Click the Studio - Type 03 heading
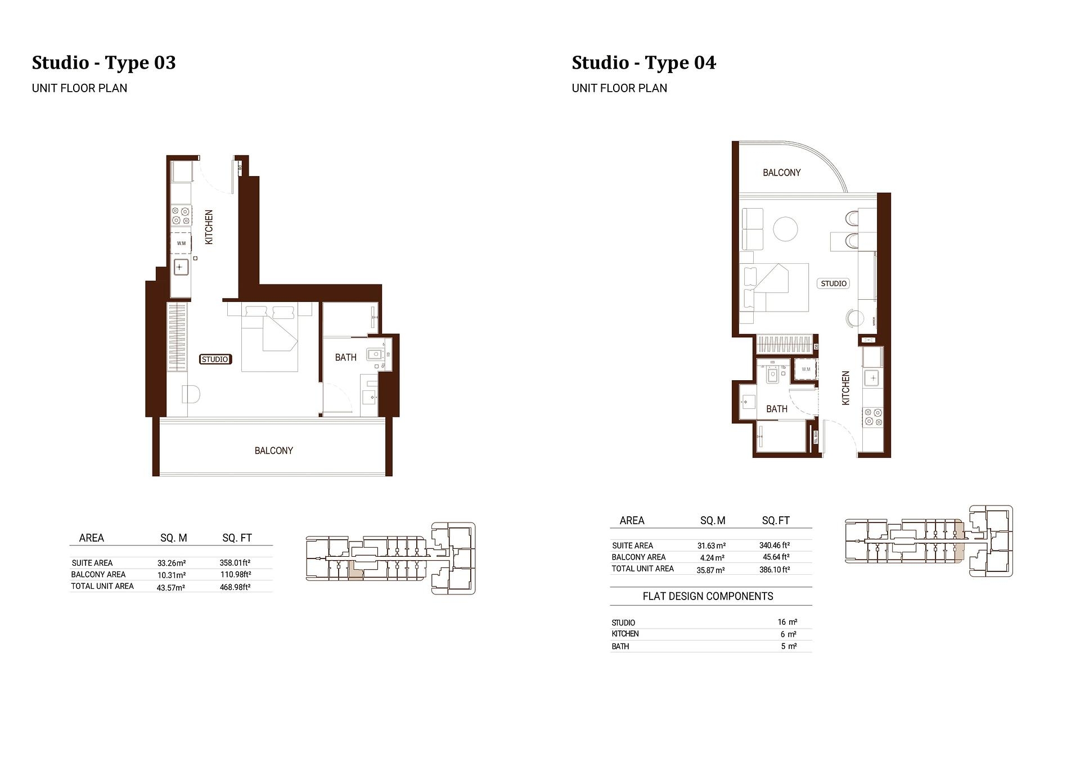[x=103, y=62]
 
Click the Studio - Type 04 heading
[x=643, y=62]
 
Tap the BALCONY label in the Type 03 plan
[x=273, y=450]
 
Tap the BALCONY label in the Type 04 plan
[x=781, y=173]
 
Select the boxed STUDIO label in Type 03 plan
[x=215, y=359]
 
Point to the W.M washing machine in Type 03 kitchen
[x=181, y=244]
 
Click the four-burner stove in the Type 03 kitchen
[x=181, y=216]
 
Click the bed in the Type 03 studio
[x=269, y=337]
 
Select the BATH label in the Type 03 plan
[x=345, y=357]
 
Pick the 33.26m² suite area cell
[x=172, y=563]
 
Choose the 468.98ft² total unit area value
[x=235, y=587]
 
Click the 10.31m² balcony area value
[x=172, y=575]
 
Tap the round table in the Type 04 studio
[x=785, y=229]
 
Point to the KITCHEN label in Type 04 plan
[x=845, y=387]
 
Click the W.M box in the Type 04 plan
[x=806, y=370]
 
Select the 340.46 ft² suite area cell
[x=775, y=546]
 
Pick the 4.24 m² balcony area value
[x=712, y=558]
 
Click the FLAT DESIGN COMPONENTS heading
[x=708, y=596]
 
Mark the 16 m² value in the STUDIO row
[x=787, y=622]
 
